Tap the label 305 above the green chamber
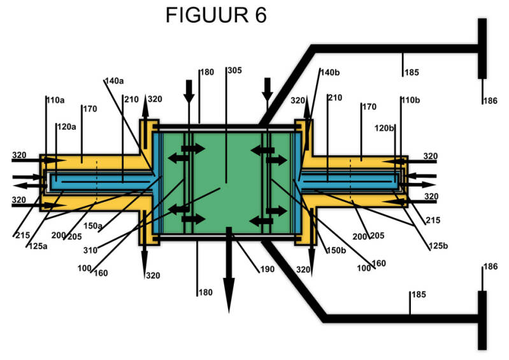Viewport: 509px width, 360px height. [x=234, y=71]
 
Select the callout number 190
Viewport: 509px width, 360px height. [x=268, y=269]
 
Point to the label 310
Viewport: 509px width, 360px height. [x=90, y=250]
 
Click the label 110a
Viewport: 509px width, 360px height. [x=55, y=100]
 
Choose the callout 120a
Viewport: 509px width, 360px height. [x=66, y=126]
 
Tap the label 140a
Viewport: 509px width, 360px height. [x=115, y=81]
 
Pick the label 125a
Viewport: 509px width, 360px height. [x=36, y=246]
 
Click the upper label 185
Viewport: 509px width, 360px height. [x=412, y=73]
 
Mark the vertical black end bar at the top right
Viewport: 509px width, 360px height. [x=482, y=48]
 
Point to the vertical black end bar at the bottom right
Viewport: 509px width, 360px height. [x=482, y=319]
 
